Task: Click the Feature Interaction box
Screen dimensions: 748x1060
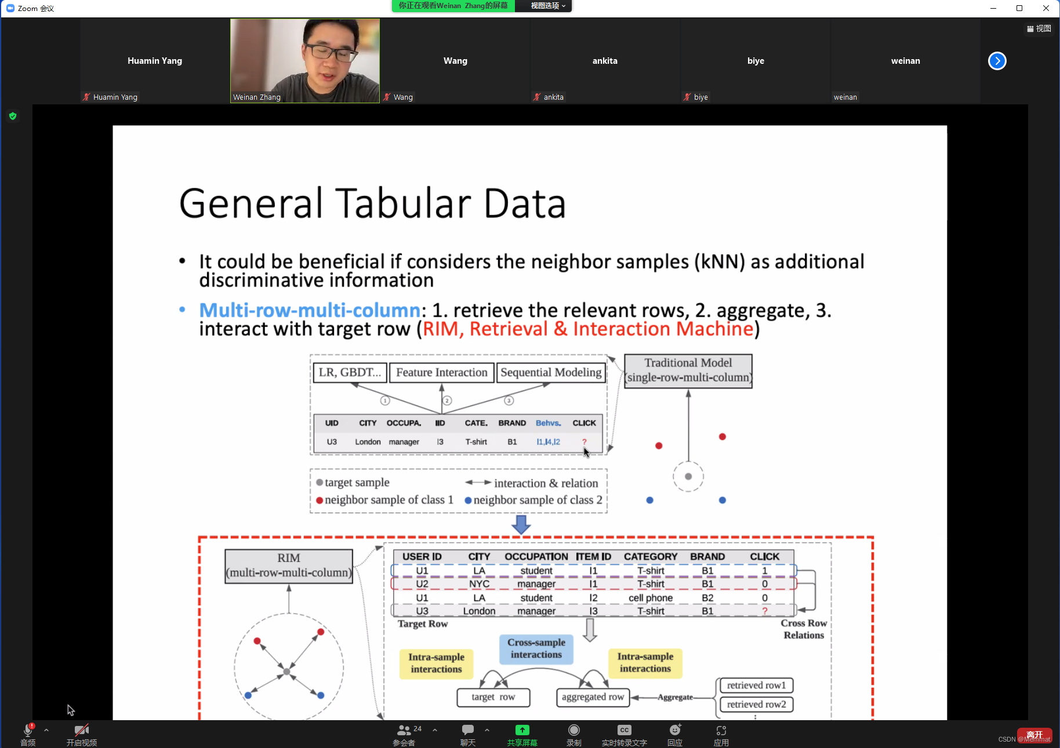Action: tap(441, 372)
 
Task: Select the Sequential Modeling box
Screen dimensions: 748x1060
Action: tap(551, 372)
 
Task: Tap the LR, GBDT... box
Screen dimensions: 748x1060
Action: tap(350, 372)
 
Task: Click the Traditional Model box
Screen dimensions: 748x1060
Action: tap(688, 371)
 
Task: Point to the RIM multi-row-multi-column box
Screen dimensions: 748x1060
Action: tap(289, 565)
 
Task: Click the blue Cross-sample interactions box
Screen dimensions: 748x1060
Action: tap(536, 648)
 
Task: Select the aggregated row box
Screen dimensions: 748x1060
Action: tap(593, 697)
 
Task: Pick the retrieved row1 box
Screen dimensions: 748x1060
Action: tap(756, 685)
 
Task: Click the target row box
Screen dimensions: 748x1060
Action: tap(493, 697)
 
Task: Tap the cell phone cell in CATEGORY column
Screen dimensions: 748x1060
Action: tap(651, 598)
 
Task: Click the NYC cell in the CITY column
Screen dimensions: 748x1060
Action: tap(479, 584)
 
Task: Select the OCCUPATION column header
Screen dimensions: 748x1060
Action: tap(536, 557)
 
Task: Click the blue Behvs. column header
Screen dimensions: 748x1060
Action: tap(548, 423)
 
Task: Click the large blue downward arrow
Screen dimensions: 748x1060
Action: tap(521, 524)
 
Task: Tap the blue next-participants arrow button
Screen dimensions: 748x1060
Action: tap(997, 61)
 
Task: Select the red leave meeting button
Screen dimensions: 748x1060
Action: tap(1034, 735)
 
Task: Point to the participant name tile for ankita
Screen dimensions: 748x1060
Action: tap(605, 61)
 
